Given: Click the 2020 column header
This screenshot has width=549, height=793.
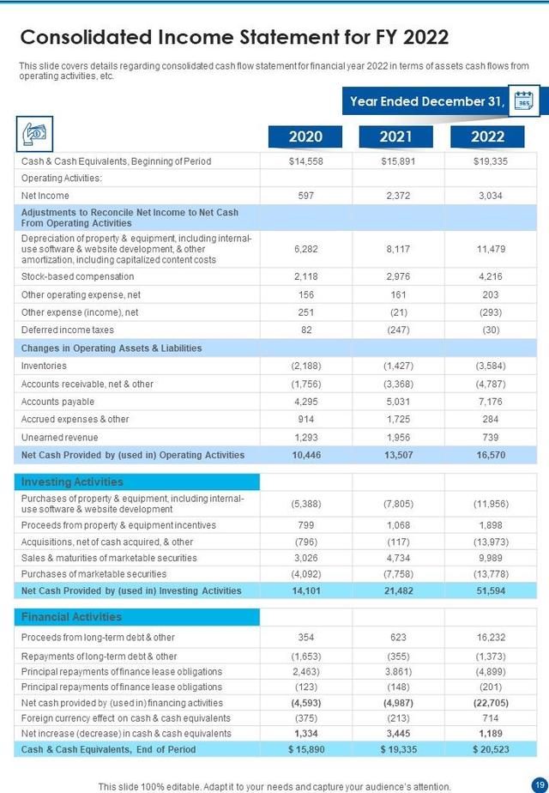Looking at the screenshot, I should pyautogui.click(x=305, y=136).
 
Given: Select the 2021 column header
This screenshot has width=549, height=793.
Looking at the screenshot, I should pyautogui.click(x=395, y=136).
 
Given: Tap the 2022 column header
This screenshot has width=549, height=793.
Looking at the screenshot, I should pyautogui.click(x=488, y=136).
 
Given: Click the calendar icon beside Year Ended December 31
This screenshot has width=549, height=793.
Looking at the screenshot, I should pyautogui.click(x=523, y=102).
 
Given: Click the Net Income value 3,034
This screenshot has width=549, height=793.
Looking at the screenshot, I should pyautogui.click(x=490, y=196).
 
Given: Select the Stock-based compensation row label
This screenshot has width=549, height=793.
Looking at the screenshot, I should pyautogui.click(x=78, y=276).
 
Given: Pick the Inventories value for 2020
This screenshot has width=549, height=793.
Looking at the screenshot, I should pyautogui.click(x=306, y=366).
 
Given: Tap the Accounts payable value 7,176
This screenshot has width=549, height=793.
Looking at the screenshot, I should pyautogui.click(x=490, y=402).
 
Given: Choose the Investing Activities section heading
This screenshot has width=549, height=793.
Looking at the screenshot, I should pyautogui.click(x=73, y=482).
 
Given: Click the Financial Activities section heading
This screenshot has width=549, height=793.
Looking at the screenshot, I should pyautogui.click(x=72, y=616).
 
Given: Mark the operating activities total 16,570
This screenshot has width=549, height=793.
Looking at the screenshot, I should pyautogui.click(x=490, y=455).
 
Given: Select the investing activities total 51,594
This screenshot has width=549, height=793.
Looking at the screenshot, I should pyautogui.click(x=490, y=590).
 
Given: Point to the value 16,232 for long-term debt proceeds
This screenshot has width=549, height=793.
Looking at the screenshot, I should pyautogui.click(x=490, y=638).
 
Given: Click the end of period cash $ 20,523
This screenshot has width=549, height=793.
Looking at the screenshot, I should pyautogui.click(x=490, y=749).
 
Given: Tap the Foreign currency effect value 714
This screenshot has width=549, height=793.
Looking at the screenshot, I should pyautogui.click(x=490, y=717).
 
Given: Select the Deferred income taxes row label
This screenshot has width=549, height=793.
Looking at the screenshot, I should pyautogui.click(x=68, y=330).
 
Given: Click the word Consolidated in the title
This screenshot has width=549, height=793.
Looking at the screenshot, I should pyautogui.click(x=83, y=38).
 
